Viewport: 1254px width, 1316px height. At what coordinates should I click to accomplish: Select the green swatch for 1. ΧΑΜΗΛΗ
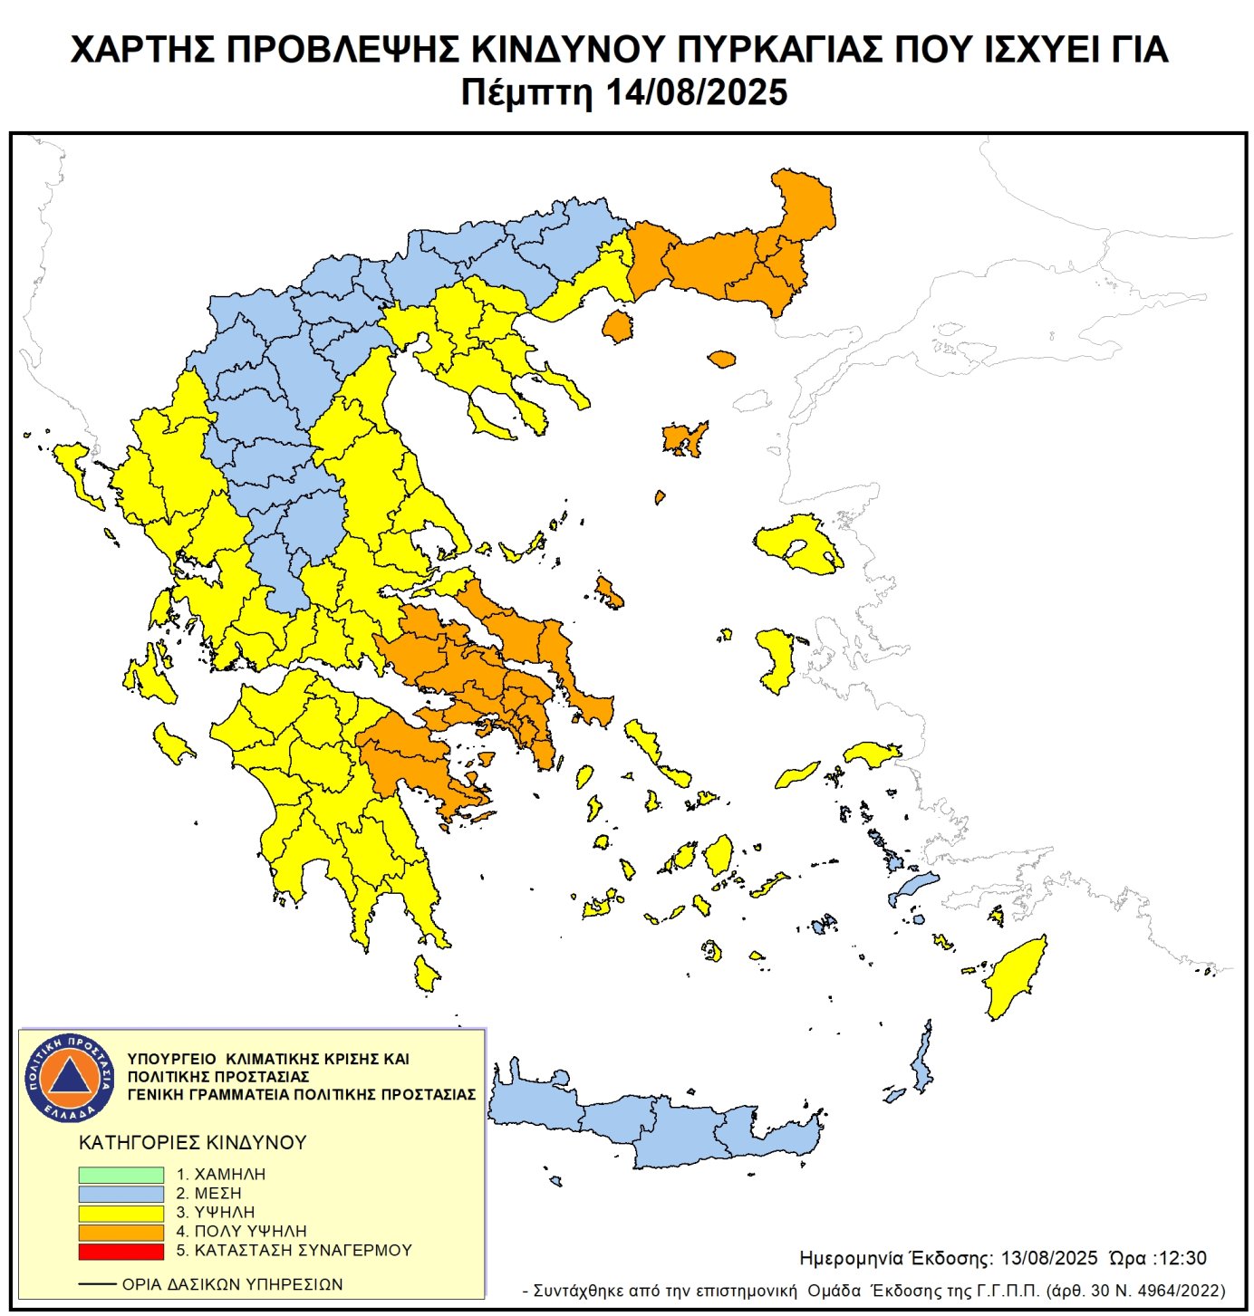point(121,1175)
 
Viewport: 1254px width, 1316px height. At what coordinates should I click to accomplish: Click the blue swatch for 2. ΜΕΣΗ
point(121,1194)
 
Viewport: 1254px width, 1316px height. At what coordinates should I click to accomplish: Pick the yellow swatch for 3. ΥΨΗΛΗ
point(121,1213)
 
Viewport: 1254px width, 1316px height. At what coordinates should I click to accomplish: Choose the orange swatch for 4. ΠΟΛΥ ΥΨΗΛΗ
point(121,1232)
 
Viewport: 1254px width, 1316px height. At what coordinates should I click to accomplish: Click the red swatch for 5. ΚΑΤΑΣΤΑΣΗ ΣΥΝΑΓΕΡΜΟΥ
point(121,1251)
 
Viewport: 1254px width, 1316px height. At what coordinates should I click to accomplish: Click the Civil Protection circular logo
point(70,1077)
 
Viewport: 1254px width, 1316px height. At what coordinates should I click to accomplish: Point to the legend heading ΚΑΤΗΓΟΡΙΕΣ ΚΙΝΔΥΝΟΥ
point(193,1143)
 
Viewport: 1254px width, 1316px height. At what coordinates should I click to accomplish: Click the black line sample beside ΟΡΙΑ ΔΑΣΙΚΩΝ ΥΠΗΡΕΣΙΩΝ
point(97,1284)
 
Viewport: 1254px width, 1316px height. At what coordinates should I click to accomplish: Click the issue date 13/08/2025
point(1049,1258)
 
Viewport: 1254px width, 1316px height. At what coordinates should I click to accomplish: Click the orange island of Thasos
point(618,326)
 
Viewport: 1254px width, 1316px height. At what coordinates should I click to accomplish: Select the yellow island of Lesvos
point(797,543)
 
